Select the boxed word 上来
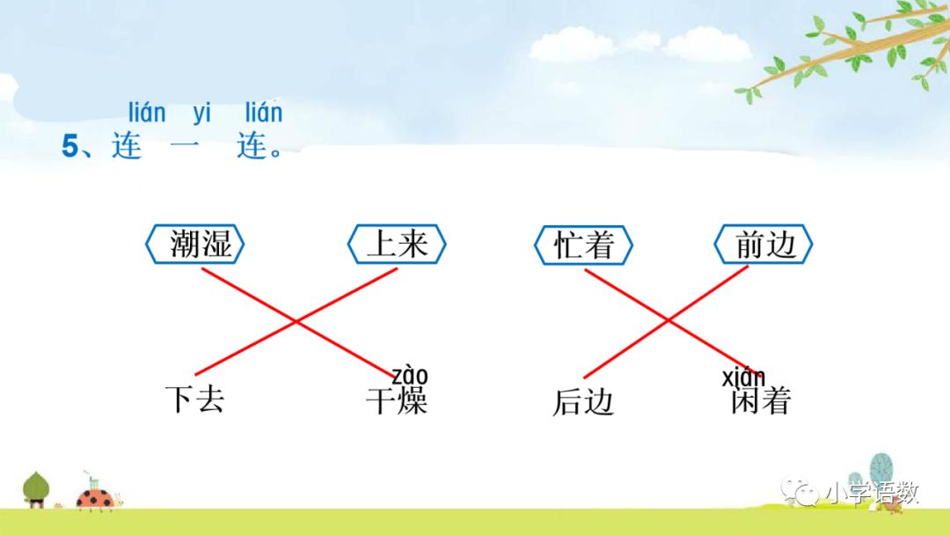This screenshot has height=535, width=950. tap(397, 244)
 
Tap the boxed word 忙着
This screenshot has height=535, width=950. tap(583, 245)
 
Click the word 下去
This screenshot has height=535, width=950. tap(195, 399)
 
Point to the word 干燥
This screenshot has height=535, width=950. tap(397, 401)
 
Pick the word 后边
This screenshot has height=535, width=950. tap(582, 401)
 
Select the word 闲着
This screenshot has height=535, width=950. tap(761, 401)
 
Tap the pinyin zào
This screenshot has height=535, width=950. tap(410, 377)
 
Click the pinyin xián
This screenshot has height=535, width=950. tap(743, 378)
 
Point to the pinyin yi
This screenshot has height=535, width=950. tap(202, 114)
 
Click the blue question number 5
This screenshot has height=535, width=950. tap(69, 147)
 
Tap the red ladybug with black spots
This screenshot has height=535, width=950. tap(94, 497)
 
